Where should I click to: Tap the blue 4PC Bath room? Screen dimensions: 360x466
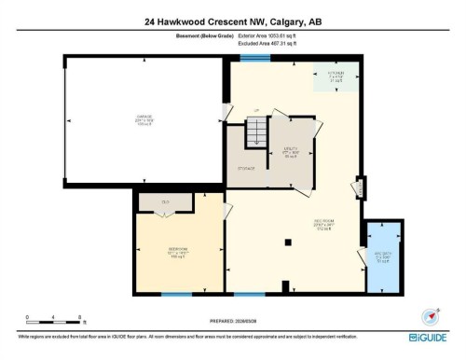pyautogui.click(x=381, y=257)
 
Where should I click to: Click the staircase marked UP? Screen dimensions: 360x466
pyautogui.click(x=254, y=136)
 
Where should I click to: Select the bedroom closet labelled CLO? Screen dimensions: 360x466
pyautogui.click(x=164, y=201)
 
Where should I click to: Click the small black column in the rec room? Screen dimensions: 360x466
pyautogui.click(x=291, y=242)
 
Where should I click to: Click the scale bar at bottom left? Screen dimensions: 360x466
pyautogui.click(x=54, y=319)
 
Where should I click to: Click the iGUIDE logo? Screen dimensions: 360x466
pyautogui.click(x=428, y=337)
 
